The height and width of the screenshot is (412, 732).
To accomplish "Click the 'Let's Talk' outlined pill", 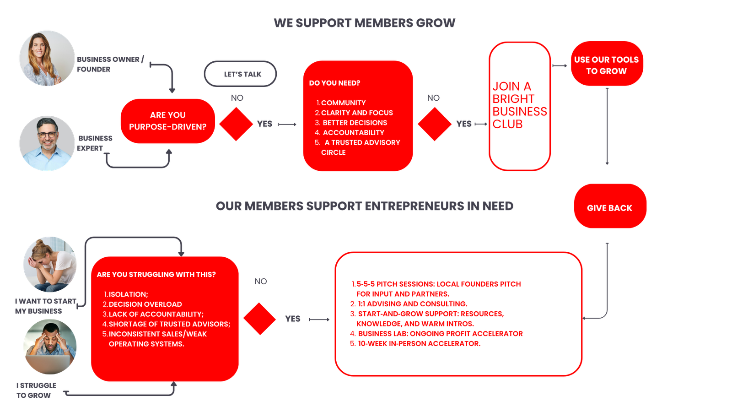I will (240, 74).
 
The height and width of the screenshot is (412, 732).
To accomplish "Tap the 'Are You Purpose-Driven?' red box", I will (167, 121).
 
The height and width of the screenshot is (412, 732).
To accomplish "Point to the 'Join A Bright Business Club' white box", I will (519, 106).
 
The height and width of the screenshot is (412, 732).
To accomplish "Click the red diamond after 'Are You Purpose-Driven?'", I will (236, 124).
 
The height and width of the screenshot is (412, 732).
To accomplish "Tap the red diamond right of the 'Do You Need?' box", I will (434, 124).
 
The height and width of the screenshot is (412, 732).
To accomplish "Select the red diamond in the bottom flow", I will (260, 319).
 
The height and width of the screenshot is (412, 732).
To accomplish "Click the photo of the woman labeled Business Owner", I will (47, 58).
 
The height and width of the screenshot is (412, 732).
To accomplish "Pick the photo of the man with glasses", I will (47, 143).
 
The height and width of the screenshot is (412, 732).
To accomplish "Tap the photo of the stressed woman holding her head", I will (50, 264).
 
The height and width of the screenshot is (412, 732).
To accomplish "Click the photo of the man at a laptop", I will (50, 347).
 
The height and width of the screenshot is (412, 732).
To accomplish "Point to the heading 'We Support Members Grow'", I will (364, 23).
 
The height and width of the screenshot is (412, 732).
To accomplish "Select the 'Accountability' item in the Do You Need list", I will (353, 133).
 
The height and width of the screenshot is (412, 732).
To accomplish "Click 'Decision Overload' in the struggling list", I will (145, 304).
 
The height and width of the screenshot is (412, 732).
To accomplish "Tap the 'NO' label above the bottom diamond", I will (260, 281).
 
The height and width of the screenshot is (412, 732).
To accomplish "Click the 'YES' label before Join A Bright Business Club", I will (463, 124).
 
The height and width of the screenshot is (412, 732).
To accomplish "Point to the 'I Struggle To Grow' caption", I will (36, 390).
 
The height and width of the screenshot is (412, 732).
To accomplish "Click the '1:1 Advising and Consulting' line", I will (412, 304).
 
